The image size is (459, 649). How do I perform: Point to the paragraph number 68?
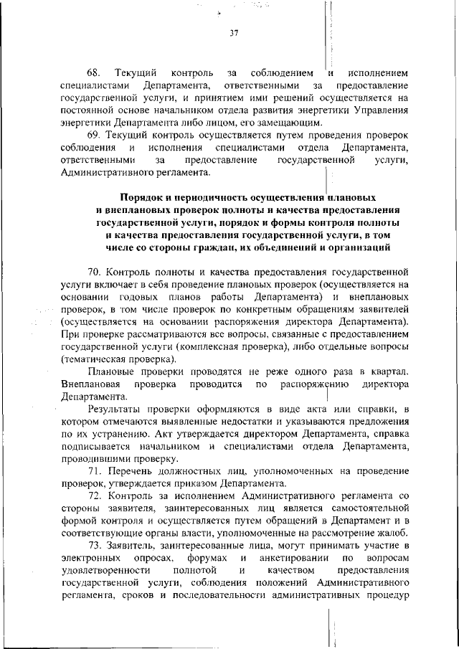coord(95,74)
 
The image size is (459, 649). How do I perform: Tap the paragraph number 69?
coord(95,136)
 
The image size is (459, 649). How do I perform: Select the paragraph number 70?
coord(95,273)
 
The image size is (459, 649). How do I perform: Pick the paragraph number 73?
coord(95,545)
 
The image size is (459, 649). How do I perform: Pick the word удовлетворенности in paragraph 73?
coord(105,570)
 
